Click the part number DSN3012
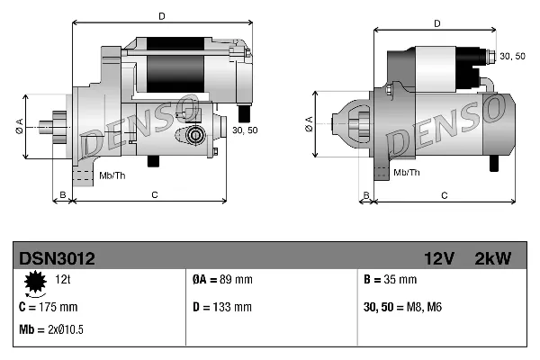(x=56, y=258)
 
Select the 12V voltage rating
(x=439, y=258)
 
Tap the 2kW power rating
(x=492, y=258)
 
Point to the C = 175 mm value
(x=49, y=307)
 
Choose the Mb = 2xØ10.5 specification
(x=52, y=329)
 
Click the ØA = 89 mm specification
(x=223, y=280)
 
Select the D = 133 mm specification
(x=222, y=307)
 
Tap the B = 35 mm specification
(x=391, y=280)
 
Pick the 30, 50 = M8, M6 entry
(x=401, y=307)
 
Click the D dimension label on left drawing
(x=161, y=16)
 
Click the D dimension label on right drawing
(x=436, y=24)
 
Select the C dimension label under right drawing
(x=445, y=195)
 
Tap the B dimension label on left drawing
(x=62, y=194)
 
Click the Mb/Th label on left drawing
(x=113, y=174)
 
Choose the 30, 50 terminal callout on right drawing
(x=512, y=57)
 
